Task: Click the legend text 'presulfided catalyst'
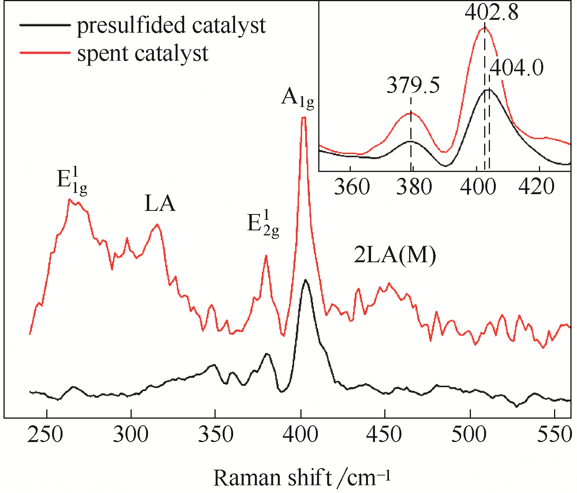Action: (171, 26)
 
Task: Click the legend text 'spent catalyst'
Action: (143, 53)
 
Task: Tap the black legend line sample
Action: (45, 25)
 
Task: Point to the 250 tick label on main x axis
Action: (45, 434)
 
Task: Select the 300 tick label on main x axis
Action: (131, 434)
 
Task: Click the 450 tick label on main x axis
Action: (384, 434)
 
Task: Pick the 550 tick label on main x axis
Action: (553, 434)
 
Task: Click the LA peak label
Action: (160, 204)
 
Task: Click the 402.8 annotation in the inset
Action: (492, 12)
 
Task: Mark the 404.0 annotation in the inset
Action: (516, 68)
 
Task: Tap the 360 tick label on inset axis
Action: (352, 187)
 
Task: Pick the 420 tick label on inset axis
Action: (538, 187)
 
